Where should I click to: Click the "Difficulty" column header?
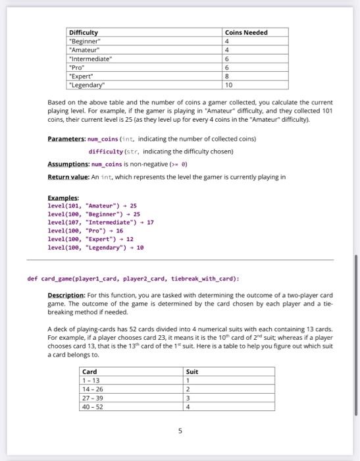(84, 32)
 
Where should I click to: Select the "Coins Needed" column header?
(246, 32)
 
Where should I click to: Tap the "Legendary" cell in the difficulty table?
(89, 84)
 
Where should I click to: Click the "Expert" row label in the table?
(83, 76)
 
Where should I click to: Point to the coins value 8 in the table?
(227, 76)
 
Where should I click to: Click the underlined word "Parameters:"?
(67, 139)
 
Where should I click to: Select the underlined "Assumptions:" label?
(68, 163)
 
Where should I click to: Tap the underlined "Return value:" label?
(68, 176)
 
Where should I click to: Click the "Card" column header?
(89, 371)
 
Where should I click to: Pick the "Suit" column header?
(192, 371)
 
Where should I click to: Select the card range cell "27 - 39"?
(91, 398)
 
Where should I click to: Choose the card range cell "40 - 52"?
(91, 406)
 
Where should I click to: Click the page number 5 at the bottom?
(180, 432)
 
